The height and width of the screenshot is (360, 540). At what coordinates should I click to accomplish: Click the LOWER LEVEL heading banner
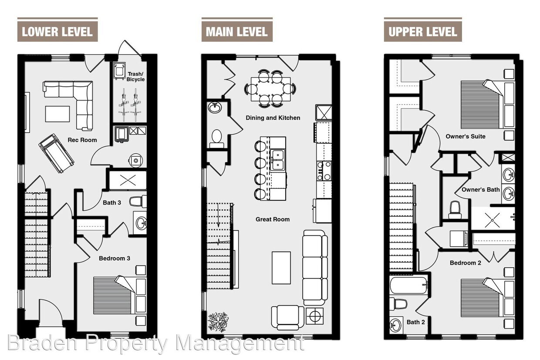coord(57,32)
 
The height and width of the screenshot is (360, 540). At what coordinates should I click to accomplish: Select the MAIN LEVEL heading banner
coord(236,32)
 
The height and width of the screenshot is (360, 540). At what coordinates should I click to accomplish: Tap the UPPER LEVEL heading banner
coord(422,32)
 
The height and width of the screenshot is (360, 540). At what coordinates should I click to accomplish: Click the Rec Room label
coord(82,140)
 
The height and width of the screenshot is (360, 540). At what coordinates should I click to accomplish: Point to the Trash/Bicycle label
coord(135,77)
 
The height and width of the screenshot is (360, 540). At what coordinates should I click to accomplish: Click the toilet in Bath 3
coord(138,202)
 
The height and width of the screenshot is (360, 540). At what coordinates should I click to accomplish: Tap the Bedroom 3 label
coord(115,258)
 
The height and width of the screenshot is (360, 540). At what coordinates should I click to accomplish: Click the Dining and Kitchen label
coord(273,118)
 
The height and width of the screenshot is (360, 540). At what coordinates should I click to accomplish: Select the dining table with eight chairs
coord(270,89)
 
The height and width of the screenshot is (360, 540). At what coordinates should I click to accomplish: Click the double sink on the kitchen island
coord(277,160)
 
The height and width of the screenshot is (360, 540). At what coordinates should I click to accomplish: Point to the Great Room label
coord(273,219)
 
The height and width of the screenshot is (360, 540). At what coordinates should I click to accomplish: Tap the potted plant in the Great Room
coord(218,322)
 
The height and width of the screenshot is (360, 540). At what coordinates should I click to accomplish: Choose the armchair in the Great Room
coord(287,317)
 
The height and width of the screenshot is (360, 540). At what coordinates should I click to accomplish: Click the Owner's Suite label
coord(466,136)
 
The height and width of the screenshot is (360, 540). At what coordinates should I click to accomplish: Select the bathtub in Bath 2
coord(408,286)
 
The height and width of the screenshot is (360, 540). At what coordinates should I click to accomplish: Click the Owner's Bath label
coord(481,190)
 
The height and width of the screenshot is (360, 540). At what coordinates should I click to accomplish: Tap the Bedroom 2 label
coord(466,263)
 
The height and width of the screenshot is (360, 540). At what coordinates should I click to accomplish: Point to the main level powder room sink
coord(215,107)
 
